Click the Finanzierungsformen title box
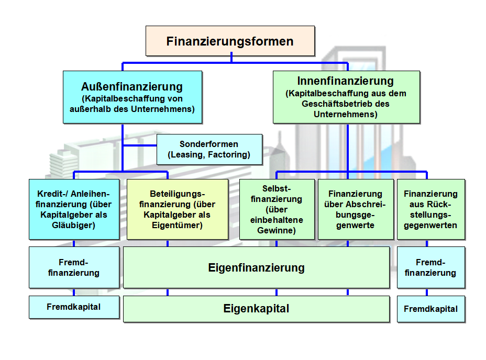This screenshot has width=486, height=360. click(x=230, y=41)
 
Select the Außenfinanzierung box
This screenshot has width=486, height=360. click(x=132, y=97)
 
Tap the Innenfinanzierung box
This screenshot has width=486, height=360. click(x=346, y=97)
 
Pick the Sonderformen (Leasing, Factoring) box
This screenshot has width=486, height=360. click(x=209, y=149)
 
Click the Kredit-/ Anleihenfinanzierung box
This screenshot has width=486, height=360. click(x=74, y=209)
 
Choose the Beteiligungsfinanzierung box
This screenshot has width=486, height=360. click(x=178, y=209)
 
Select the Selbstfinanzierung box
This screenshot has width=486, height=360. click(x=277, y=209)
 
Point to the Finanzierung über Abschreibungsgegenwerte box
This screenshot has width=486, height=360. click(x=356, y=209)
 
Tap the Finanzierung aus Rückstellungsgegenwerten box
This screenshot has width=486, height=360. click(x=430, y=209)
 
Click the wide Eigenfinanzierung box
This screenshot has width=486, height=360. click(x=256, y=268)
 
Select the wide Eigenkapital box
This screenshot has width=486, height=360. click(x=256, y=309)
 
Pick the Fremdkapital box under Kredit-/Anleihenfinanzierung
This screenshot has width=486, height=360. click(x=74, y=307)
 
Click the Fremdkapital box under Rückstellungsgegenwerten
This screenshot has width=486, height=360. click(x=430, y=309)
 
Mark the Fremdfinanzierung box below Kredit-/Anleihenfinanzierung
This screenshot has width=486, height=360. click(x=74, y=267)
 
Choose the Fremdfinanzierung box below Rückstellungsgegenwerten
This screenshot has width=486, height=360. click(x=430, y=267)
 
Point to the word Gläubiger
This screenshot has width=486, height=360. click(x=73, y=226)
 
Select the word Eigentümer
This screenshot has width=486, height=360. click(x=177, y=226)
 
